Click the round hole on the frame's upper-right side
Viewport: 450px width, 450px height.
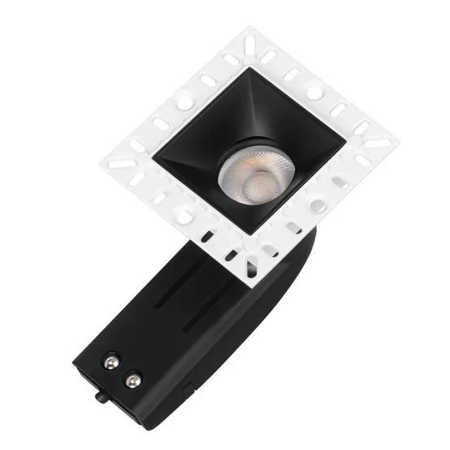point(313,92)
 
